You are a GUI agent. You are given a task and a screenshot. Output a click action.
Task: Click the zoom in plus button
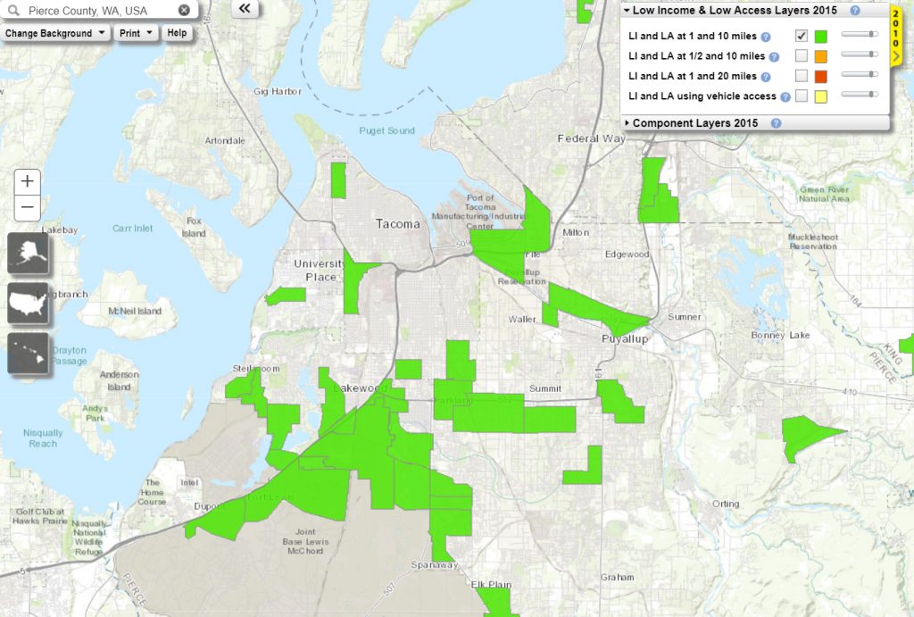28,181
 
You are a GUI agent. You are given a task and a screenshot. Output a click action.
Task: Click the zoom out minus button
28,208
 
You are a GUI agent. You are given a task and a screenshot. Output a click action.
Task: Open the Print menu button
137,33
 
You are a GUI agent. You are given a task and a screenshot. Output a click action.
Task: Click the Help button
177,33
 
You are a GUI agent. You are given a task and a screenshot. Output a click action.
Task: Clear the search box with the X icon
184,11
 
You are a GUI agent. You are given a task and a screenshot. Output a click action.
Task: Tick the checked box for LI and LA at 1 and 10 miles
802,37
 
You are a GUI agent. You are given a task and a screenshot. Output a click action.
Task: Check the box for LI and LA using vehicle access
802,96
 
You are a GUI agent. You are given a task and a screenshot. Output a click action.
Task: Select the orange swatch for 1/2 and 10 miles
821,56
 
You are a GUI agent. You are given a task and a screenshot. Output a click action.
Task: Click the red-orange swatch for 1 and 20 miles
821,76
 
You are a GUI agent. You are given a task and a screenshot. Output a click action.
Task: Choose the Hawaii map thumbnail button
29,353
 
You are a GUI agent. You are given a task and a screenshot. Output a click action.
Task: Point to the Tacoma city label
397,224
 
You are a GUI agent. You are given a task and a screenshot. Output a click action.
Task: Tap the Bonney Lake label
785,335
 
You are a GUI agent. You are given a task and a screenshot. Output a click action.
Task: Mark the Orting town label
726,504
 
